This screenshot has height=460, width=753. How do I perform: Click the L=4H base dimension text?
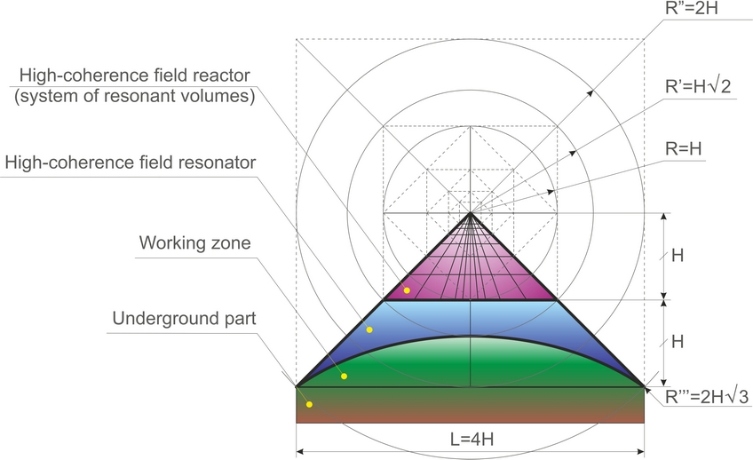(x=471, y=437)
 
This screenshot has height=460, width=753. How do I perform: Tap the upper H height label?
(x=677, y=256)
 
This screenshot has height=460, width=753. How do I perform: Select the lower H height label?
(x=677, y=341)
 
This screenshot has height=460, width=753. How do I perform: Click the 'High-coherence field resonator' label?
(x=131, y=163)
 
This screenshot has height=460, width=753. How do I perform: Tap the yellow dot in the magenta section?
(x=407, y=290)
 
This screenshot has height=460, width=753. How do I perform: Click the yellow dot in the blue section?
(x=369, y=329)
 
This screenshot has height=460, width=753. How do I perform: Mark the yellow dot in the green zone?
(x=344, y=377)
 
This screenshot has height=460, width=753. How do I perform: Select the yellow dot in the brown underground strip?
(x=309, y=405)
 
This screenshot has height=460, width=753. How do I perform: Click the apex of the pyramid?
(x=471, y=213)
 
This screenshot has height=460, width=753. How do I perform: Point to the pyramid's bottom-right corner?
(x=644, y=385)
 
